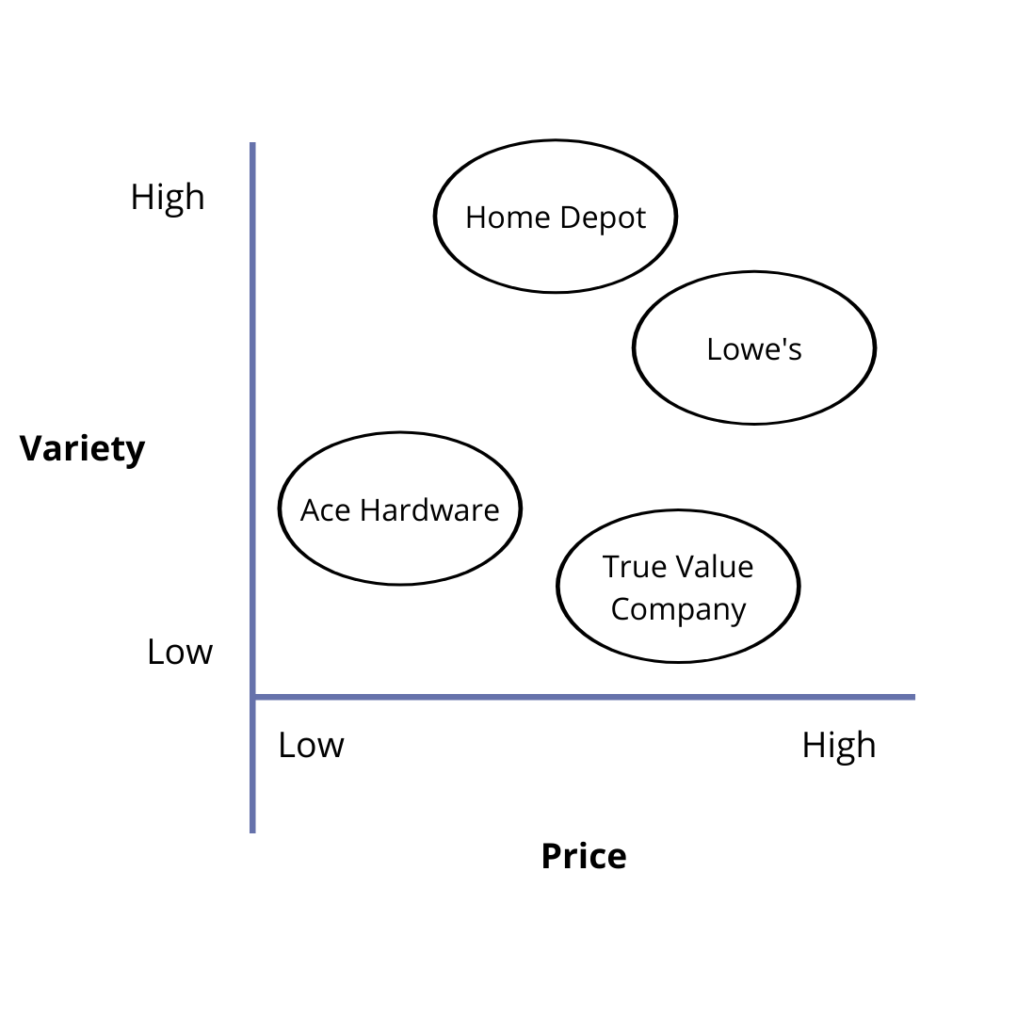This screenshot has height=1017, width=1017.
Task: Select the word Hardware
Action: pyautogui.click(x=429, y=510)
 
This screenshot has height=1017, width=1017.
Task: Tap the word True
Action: pyautogui.click(x=631, y=567)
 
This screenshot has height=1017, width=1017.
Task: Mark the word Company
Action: pyautogui.click(x=678, y=609)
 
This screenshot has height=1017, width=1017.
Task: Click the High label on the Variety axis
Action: pyautogui.click(x=168, y=198)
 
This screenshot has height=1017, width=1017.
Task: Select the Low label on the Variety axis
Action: pyautogui.click(x=180, y=652)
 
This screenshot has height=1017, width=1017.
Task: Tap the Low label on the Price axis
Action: pyautogui.click(x=311, y=745)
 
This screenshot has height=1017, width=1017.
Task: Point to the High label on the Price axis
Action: pyautogui.click(x=839, y=745)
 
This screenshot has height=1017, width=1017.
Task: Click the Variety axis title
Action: pyautogui.click(x=83, y=448)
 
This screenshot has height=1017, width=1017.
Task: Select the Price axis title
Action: pyautogui.click(x=583, y=856)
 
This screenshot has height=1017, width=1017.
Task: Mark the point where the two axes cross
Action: pyautogui.click(x=253, y=697)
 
